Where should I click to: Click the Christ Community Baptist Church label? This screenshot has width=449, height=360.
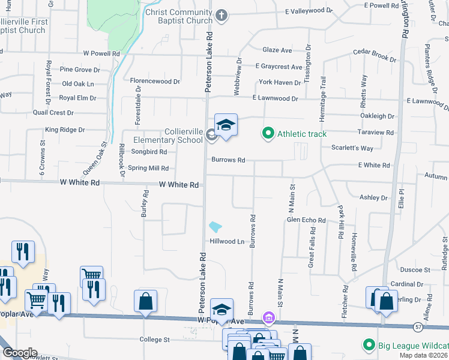click(x=179, y=16)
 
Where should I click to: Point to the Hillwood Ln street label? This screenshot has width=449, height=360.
click(x=227, y=241)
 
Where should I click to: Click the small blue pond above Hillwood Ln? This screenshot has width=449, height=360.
click(x=215, y=227)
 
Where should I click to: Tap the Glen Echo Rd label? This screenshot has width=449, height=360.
click(x=306, y=220)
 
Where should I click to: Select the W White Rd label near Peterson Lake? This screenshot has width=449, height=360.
click(x=179, y=185)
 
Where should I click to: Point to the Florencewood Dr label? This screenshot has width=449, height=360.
click(x=155, y=81)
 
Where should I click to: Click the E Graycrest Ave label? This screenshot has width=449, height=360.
click(x=279, y=67)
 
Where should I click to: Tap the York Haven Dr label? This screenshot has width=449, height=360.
click(x=279, y=82)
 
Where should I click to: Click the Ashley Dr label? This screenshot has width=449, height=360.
click(x=373, y=197)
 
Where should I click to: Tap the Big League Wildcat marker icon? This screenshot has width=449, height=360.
click(x=368, y=344)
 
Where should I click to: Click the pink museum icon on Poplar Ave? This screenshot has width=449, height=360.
click(x=268, y=316)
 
